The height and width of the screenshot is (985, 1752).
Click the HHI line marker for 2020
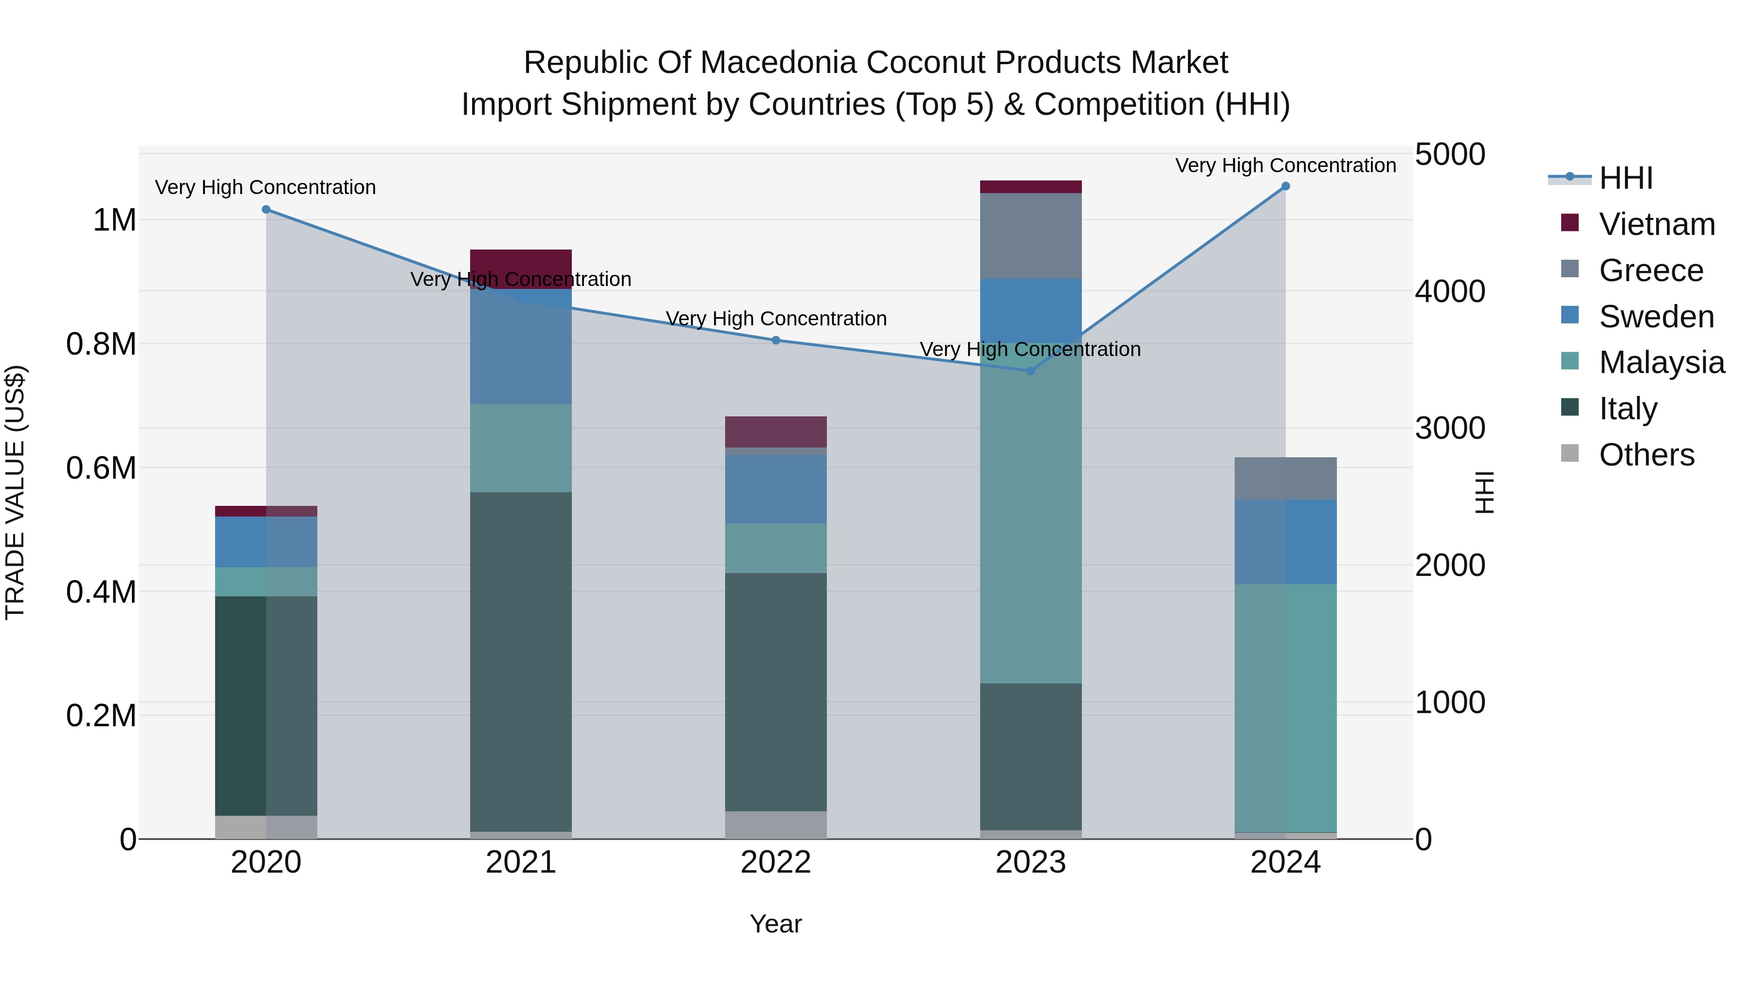click(266, 209)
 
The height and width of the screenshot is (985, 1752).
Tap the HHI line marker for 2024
click(1285, 186)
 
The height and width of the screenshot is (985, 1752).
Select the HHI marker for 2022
click(776, 340)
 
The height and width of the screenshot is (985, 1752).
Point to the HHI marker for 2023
click(1030, 371)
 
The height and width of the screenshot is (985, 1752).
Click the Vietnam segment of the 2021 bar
click(521, 269)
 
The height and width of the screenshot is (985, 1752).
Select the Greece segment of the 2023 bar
click(1030, 236)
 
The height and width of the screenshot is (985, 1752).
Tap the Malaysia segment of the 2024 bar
click(1285, 707)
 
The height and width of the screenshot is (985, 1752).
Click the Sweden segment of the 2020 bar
click(266, 542)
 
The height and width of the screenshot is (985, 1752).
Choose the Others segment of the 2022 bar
click(776, 824)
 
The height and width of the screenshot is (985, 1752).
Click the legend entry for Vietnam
click(1656, 224)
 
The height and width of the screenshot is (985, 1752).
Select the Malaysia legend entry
click(1661, 362)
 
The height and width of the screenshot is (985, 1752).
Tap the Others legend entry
click(1646, 455)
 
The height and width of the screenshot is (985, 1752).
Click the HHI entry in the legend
click(1625, 178)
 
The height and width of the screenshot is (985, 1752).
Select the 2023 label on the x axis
click(1030, 862)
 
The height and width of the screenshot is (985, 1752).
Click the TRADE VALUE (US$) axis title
click(15, 492)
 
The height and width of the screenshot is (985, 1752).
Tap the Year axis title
click(775, 924)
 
